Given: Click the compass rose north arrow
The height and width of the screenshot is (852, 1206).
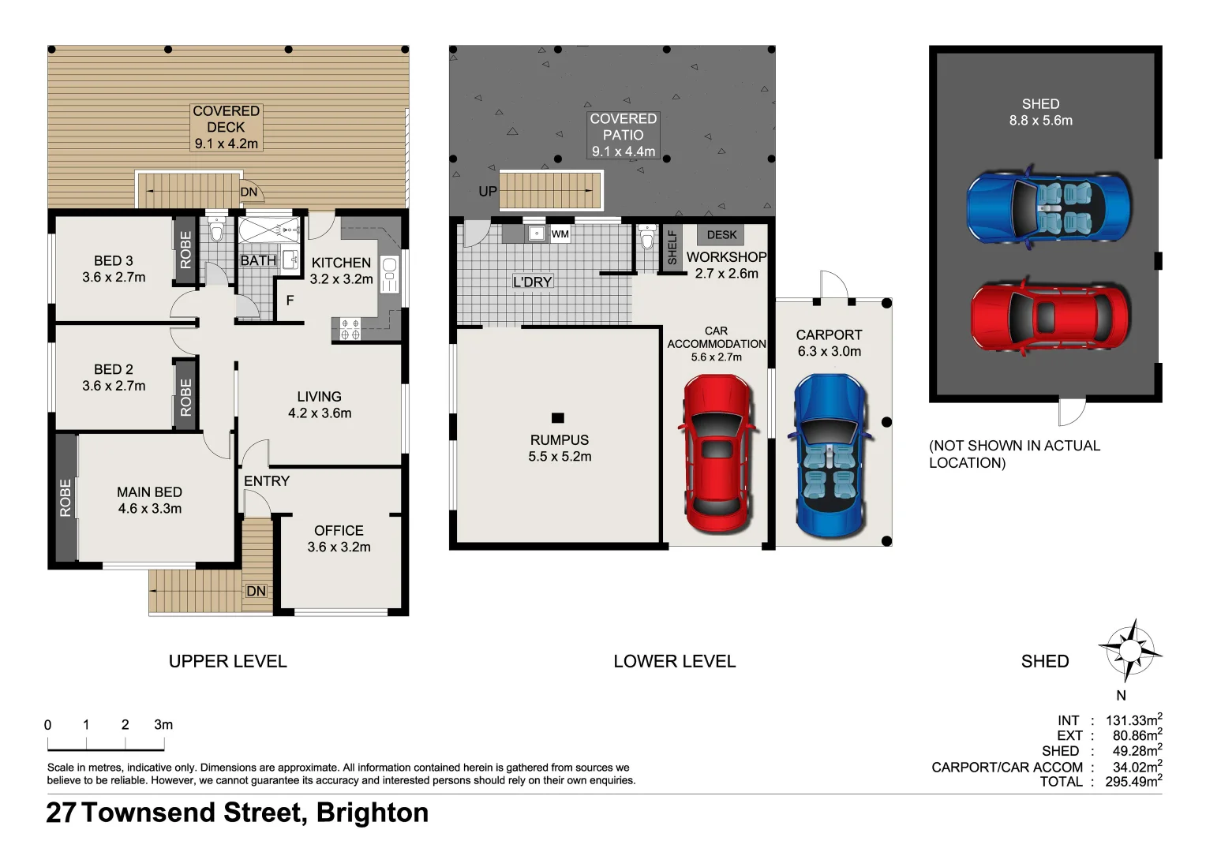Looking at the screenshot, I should click(1130, 651).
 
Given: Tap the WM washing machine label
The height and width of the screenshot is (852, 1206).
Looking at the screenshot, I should click(560, 234).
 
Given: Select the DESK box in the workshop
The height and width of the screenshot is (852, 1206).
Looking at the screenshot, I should click(721, 235).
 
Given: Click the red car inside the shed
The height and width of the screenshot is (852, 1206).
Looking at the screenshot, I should click(1049, 319).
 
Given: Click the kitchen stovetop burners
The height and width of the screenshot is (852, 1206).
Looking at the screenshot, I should click(350, 329).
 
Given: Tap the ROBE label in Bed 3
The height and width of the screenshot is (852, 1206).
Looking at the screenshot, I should click(185, 250).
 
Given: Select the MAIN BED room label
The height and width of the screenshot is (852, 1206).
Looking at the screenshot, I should click(149, 500).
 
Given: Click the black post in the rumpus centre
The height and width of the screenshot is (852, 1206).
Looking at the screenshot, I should click(558, 418).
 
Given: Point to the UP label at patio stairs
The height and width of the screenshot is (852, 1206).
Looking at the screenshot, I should click(488, 192).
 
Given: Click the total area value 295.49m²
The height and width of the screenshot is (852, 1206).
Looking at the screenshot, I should click(1133, 782).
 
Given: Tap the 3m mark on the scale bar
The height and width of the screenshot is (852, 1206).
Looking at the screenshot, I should click(163, 725).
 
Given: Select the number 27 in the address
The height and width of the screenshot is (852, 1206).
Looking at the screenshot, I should click(61, 813).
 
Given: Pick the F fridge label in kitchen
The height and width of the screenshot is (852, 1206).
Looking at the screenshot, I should click(290, 301).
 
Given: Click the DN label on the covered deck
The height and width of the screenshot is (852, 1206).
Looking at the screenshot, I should click(249, 192).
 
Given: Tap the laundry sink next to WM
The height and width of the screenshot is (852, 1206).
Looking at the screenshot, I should click(536, 234).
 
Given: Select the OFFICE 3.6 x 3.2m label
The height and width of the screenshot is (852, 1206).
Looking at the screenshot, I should click(339, 539).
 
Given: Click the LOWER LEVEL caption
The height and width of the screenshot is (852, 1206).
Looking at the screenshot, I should click(674, 662).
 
